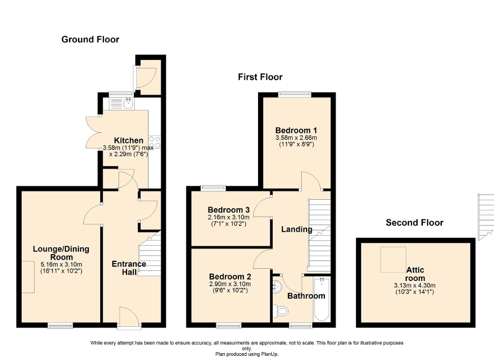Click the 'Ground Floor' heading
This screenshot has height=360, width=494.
(90, 40)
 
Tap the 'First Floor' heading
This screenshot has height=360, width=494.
(260, 77)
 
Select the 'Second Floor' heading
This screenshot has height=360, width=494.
(414, 222)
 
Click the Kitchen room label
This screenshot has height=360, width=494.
(129, 140)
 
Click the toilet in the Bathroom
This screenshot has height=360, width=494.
(282, 312)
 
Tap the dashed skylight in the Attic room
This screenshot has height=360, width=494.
(393, 260)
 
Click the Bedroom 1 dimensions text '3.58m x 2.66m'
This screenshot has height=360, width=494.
(296, 138)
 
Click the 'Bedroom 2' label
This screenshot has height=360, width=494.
(230, 276)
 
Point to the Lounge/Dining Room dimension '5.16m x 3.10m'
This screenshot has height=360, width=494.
(61, 264)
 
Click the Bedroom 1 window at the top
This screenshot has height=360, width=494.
(295, 94)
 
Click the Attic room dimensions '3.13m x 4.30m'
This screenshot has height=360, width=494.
(414, 286)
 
